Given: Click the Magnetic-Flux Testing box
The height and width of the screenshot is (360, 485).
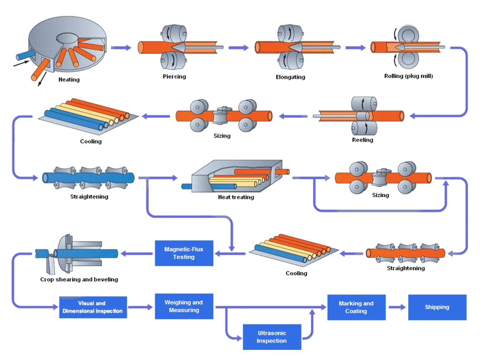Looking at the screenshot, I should pos(184,253).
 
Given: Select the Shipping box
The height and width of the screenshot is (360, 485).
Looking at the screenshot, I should pos(437,307).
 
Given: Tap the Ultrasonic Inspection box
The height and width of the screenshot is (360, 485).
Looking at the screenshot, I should pos(272,337).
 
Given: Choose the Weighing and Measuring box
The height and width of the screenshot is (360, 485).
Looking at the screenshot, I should pos(184,306).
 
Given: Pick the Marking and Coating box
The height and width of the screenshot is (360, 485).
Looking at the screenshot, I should pos(356,307).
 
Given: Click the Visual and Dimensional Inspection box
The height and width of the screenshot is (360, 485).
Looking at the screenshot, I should pos(93,307).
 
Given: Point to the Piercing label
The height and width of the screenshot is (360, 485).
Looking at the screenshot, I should pos(174,76).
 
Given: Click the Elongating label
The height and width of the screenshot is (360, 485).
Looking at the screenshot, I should pos(290,77).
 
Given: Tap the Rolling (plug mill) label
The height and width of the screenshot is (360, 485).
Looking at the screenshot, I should pos(408,76).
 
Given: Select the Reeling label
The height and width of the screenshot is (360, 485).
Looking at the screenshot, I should pos(363,140).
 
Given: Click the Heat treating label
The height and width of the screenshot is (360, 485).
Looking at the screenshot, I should pos(236,197).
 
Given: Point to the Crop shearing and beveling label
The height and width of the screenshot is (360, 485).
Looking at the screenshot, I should pos(79,279).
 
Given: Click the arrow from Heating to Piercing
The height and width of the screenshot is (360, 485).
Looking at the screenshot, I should pos(121,48).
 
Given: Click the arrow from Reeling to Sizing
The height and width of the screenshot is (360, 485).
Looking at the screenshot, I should pos(295,117).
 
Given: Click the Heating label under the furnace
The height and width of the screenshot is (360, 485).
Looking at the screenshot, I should pos(69,80).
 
